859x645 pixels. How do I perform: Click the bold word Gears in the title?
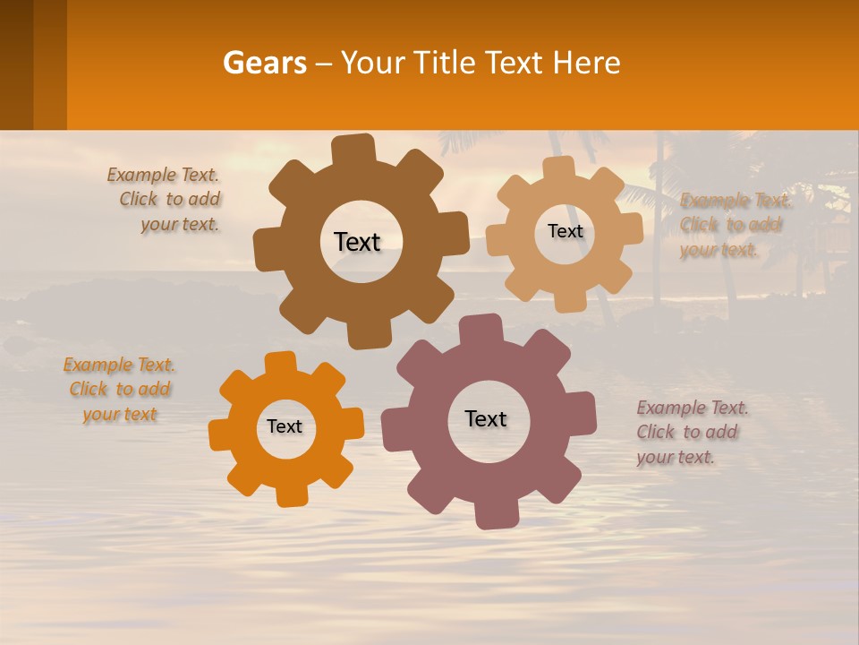[264, 63]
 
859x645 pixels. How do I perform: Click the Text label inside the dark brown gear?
[357, 242]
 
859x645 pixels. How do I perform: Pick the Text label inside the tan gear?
[565, 231]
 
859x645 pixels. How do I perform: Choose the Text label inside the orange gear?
[285, 426]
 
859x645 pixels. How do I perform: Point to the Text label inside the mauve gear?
[486, 418]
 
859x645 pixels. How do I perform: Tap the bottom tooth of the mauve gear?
[495, 514]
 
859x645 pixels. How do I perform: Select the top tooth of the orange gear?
[281, 363]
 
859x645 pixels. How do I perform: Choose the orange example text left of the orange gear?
[120, 390]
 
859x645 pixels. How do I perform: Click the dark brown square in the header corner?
[17, 64]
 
